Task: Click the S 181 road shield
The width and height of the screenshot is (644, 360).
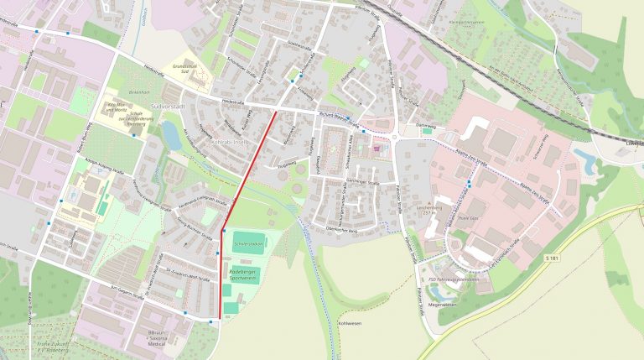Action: [x=550, y=255]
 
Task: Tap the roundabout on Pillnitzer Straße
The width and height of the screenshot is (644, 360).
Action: [x=393, y=136]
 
